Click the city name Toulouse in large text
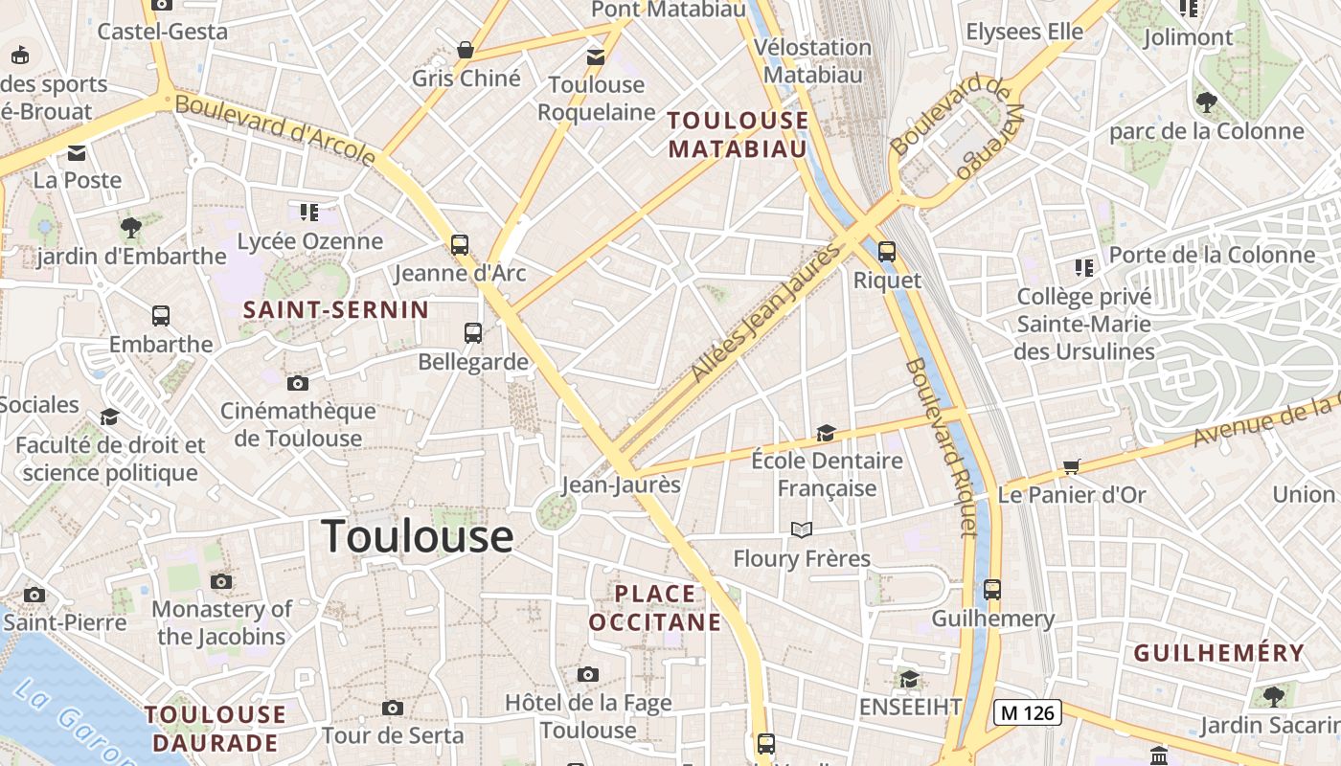click(x=417, y=536)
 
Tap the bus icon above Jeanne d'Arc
click(x=460, y=244)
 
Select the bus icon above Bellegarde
click(x=472, y=333)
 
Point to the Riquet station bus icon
click(x=887, y=252)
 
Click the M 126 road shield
click(x=1027, y=712)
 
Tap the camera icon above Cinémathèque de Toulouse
click(x=298, y=383)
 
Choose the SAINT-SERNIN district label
click(x=335, y=309)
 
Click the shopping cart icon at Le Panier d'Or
click(x=1071, y=466)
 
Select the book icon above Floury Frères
click(x=802, y=529)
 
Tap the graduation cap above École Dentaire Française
click(x=826, y=434)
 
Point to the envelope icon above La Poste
click(x=77, y=152)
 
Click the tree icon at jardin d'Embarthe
click(x=131, y=228)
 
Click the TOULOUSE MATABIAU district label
click(x=738, y=134)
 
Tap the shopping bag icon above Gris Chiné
click(x=466, y=50)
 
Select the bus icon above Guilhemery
click(x=992, y=590)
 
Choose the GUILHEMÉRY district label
click(x=1218, y=653)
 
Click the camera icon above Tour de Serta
click(x=392, y=708)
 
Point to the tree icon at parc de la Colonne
click(x=1206, y=101)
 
